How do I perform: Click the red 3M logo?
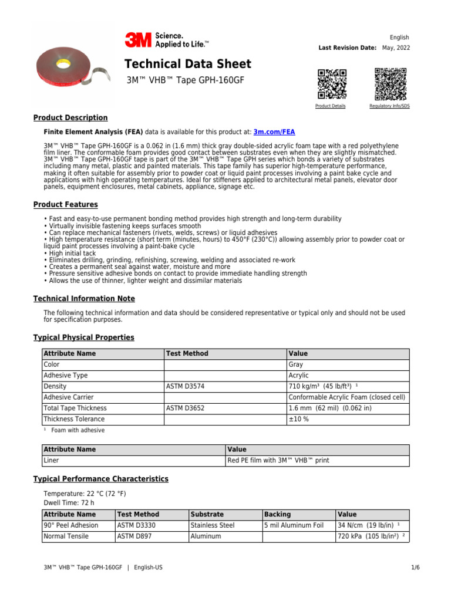click(137, 40)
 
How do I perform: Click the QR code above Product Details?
click(332, 84)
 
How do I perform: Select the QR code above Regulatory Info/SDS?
click(391, 84)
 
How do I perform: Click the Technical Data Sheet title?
click(188, 64)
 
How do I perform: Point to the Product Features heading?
click(66, 205)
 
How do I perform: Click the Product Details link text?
click(331, 106)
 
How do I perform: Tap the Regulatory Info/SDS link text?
click(389, 106)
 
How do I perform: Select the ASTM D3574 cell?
click(186, 387)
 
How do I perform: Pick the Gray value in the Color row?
click(295, 364)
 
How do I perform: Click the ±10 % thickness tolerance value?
click(299, 419)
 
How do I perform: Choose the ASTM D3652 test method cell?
click(186, 408)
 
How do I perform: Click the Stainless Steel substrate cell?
click(213, 525)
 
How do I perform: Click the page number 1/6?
click(416, 568)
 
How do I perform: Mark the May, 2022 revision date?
click(396, 48)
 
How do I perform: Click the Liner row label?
click(52, 461)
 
